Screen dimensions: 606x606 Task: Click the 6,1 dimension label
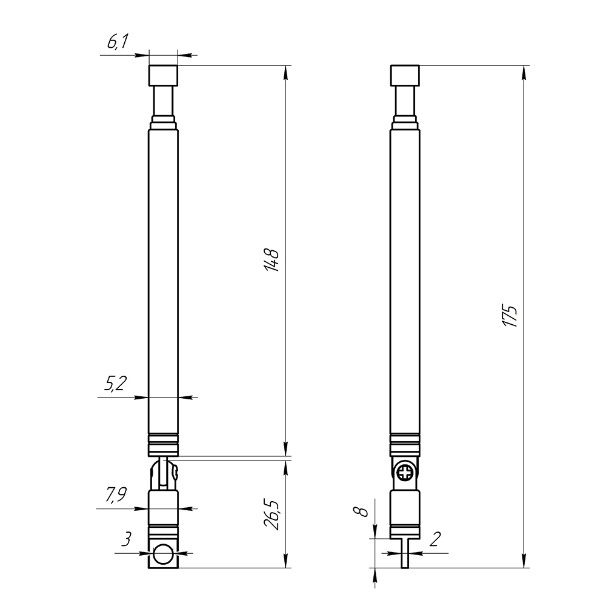(x=118, y=41)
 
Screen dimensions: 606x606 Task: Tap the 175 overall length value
(x=510, y=316)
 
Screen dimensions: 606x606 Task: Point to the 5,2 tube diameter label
(x=115, y=384)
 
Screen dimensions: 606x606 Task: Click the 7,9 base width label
(x=116, y=494)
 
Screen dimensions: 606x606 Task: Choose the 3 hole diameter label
(x=127, y=539)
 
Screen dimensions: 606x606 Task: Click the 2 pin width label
(x=435, y=539)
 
